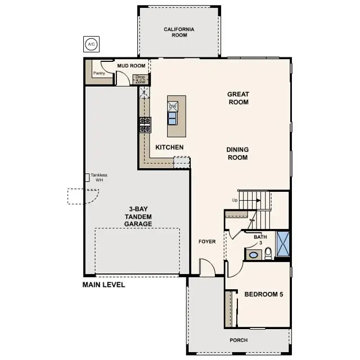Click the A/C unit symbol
[91, 43]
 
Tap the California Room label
[179, 32]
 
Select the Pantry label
[100, 73]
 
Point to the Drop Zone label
[140, 79]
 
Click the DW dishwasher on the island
[173, 106]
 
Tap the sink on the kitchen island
[172, 118]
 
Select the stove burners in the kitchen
[145, 124]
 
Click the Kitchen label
[169, 147]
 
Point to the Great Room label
[238, 98]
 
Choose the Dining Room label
[237, 154]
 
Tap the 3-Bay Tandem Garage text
[138, 216]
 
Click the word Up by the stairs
[235, 200]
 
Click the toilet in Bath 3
[268, 253]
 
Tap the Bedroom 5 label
[263, 294]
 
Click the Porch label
[238, 340]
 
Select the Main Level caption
[103, 285]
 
